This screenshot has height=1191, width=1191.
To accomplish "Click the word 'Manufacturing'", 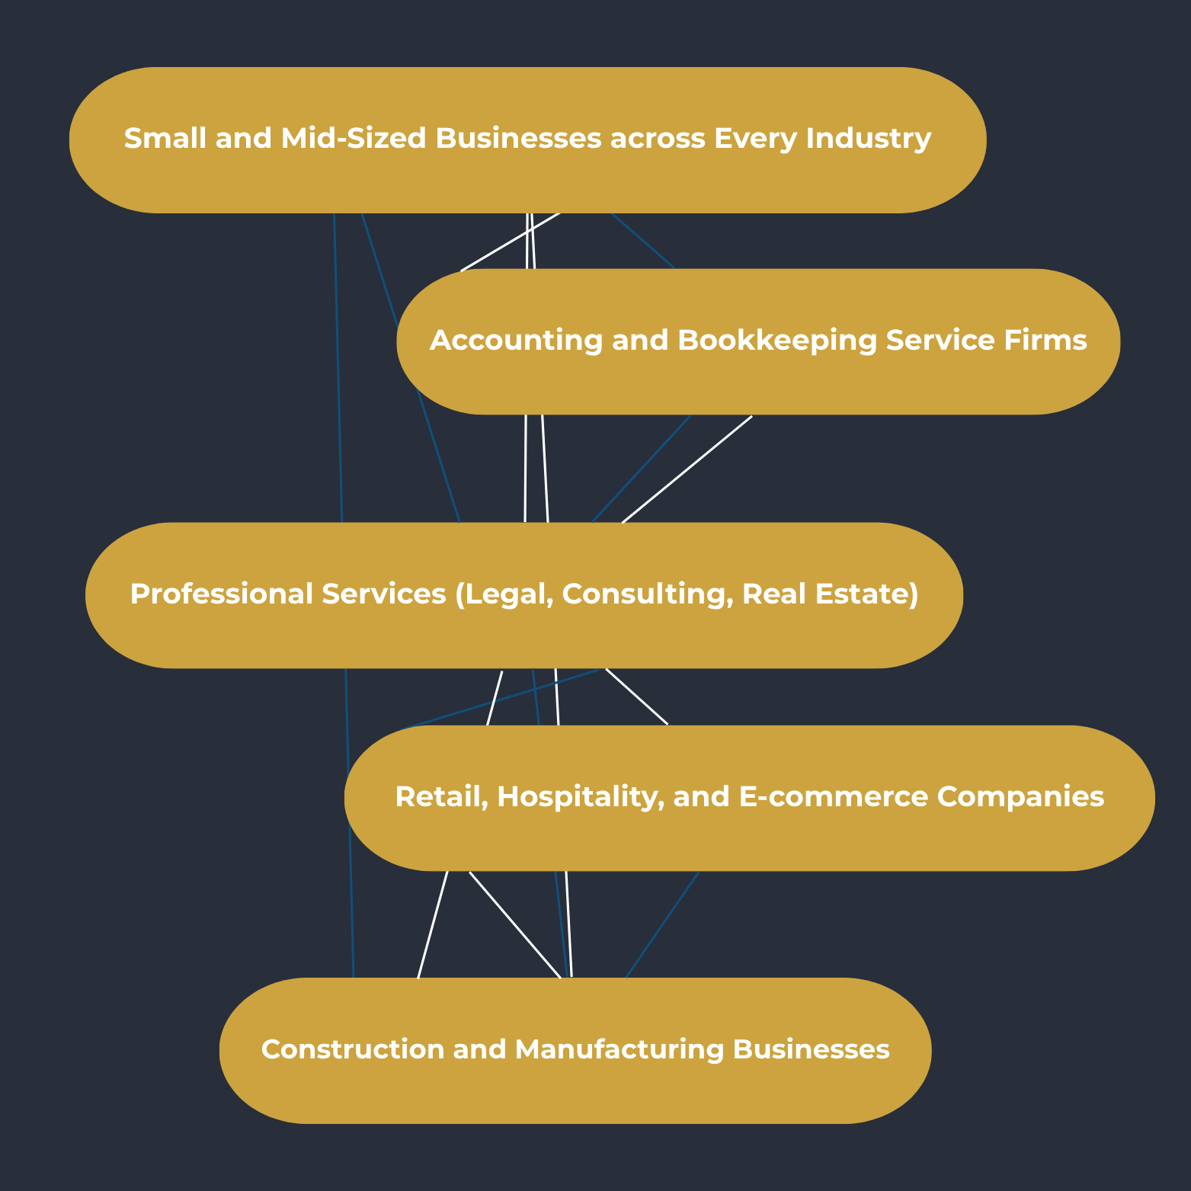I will tap(620, 1050).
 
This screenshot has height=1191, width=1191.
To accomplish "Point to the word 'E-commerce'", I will tap(834, 797).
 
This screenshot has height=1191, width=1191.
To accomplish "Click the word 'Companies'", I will tap(1020, 797).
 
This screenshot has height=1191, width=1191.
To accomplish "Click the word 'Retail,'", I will tap(441, 797).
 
